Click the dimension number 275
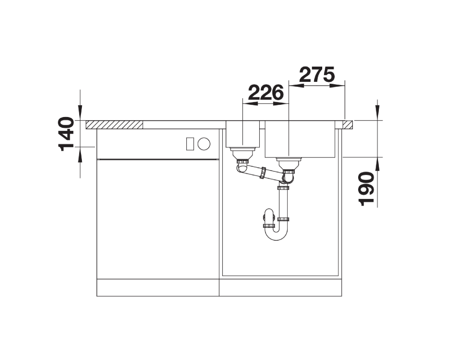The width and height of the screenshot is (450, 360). click(317, 75)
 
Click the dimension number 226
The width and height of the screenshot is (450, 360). click(266, 92)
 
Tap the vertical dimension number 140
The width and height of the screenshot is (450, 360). click(66, 134)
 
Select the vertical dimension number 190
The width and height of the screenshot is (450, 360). click(367, 189)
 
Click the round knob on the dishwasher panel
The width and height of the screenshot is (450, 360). click(204, 144)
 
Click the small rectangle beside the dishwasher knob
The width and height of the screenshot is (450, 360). click(190, 144)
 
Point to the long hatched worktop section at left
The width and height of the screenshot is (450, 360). click(114, 125)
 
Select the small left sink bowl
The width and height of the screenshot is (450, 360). click(243, 134)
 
